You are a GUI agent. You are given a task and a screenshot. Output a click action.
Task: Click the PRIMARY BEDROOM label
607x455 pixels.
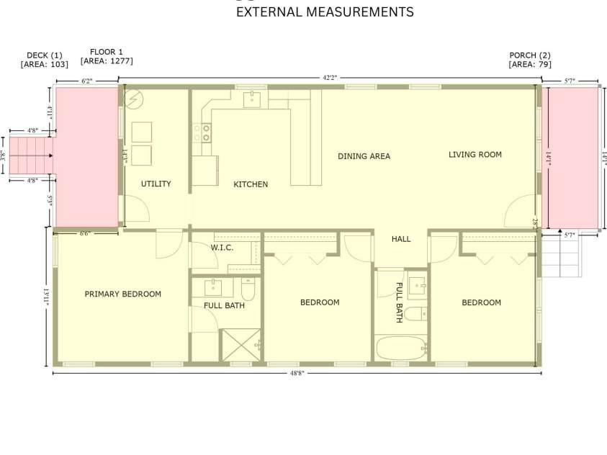(x=122, y=294)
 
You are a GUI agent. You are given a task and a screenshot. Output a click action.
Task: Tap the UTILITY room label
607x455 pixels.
(x=156, y=184)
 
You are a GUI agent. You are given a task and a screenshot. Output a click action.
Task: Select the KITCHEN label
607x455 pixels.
(x=251, y=184)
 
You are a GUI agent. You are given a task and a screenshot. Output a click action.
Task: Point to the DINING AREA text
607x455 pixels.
(x=364, y=156)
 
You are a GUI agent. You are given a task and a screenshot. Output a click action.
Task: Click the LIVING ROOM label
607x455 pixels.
(x=475, y=155)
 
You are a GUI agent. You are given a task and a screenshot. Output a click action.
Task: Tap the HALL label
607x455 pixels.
(x=401, y=239)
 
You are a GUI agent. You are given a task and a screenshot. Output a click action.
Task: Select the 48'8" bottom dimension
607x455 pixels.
(x=296, y=374)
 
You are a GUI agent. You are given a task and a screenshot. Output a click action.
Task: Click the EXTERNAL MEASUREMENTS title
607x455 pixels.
(x=325, y=12)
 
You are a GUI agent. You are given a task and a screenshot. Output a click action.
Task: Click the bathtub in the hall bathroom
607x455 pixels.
(x=401, y=348)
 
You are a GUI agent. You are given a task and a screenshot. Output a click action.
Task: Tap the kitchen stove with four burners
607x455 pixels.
(x=202, y=132)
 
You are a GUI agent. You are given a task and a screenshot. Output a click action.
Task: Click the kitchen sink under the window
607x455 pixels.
(x=251, y=99)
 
